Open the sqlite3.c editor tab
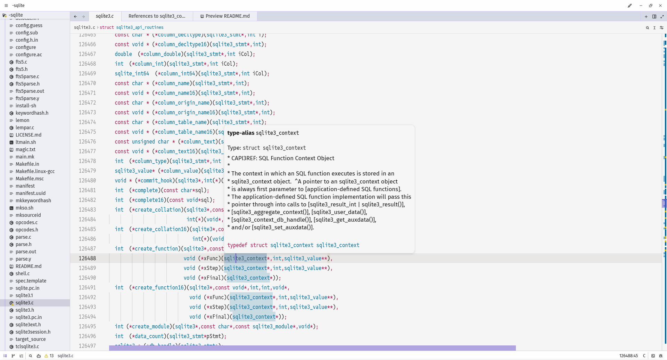pyautogui.click(x=105, y=16)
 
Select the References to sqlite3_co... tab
pyautogui.click(x=157, y=16)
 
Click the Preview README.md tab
pyautogui.click(x=225, y=16)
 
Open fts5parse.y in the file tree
pyautogui.click(x=27, y=98)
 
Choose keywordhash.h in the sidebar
pyautogui.click(x=32, y=113)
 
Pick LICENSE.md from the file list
pyautogui.click(x=28, y=135)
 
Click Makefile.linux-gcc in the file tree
pyautogui.click(x=35, y=171)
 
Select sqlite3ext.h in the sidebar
pyautogui.click(x=28, y=325)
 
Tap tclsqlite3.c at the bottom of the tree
pyautogui.click(x=27, y=346)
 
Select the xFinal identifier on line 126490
pyautogui.click(x=212, y=278)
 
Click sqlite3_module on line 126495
pyautogui.click(x=273, y=326)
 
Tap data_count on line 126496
pyautogui.click(x=149, y=336)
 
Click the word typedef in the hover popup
pyautogui.click(x=237, y=245)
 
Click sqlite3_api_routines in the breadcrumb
pyautogui.click(x=140, y=27)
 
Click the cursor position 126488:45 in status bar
pyautogui.click(x=628, y=356)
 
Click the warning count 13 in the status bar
pyautogui.click(x=51, y=356)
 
